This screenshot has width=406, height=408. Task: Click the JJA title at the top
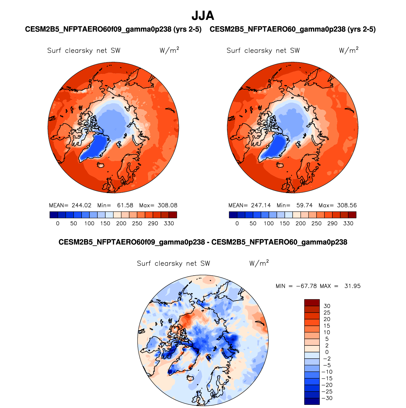tap(203, 15)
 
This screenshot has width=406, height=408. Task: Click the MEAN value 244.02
tap(82, 205)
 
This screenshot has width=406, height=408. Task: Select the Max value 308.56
tap(347, 205)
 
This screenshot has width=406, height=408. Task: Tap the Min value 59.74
tap(304, 205)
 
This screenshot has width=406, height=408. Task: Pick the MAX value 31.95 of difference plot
tap(352, 286)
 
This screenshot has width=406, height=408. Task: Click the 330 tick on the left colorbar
tap(169, 223)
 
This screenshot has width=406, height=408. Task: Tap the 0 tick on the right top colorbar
tap(237, 223)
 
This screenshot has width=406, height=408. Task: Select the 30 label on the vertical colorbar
tap(327, 306)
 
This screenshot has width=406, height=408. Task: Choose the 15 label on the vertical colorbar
tap(327, 326)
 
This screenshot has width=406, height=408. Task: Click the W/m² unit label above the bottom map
tap(259, 263)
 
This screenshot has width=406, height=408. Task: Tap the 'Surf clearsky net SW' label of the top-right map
tap(263, 51)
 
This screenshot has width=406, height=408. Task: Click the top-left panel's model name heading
tap(113, 29)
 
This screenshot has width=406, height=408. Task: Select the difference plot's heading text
tap(203, 242)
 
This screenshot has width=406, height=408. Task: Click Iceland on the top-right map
tap(281, 165)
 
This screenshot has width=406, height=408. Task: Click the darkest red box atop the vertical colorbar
tap(312, 302)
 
